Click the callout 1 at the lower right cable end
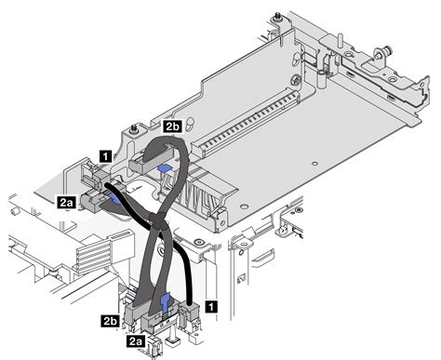click(x=212, y=303)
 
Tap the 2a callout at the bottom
click(x=136, y=342)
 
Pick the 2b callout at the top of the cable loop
click(x=172, y=125)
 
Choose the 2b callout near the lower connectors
click(x=109, y=321)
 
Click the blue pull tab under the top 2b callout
click(x=166, y=167)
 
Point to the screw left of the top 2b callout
click(x=136, y=127)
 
